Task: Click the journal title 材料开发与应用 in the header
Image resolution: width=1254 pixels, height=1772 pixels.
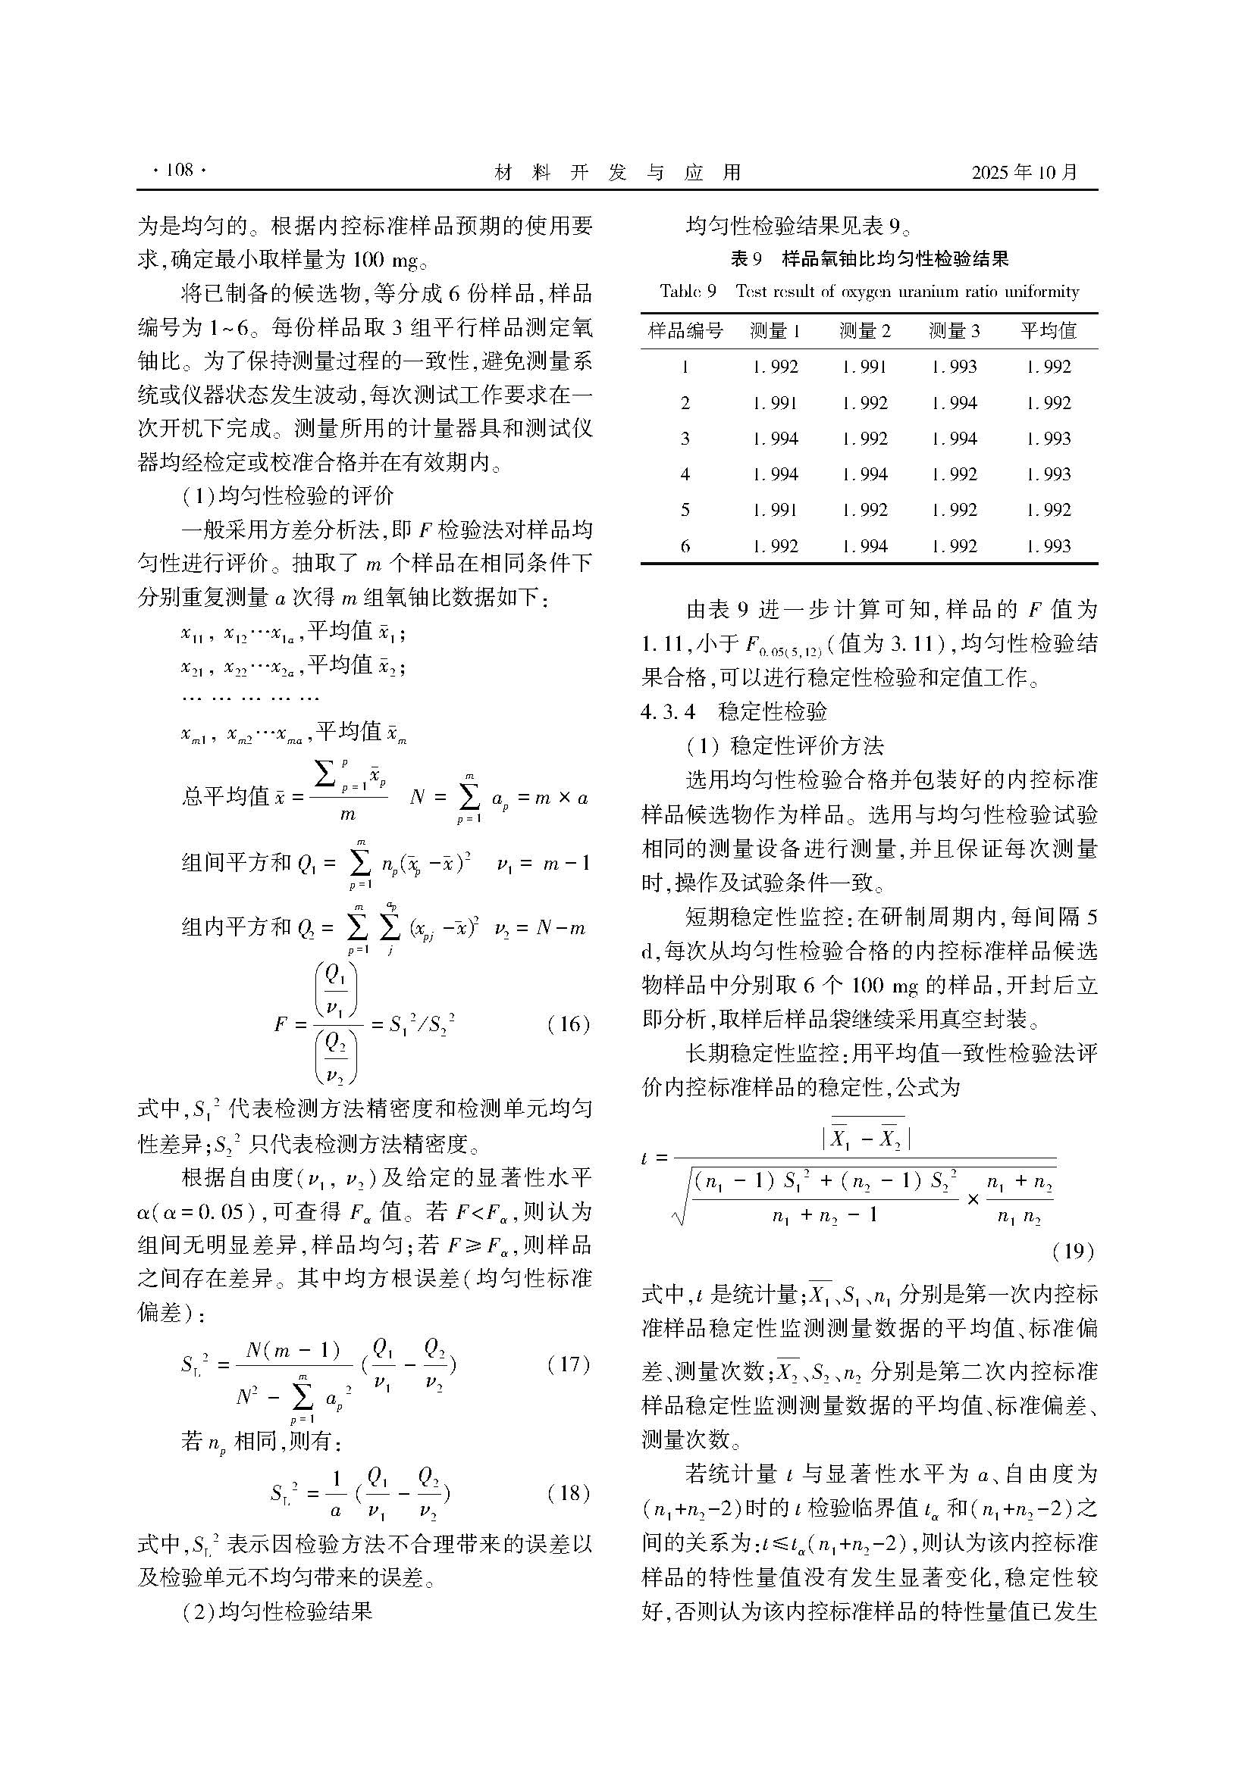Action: tap(617, 172)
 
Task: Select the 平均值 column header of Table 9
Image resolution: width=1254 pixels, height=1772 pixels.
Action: tap(1048, 331)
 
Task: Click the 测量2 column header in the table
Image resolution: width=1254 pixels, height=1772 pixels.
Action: tap(865, 331)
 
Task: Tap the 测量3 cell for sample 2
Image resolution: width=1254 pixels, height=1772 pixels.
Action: tap(955, 403)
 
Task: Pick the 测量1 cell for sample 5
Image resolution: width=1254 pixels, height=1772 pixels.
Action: tap(775, 510)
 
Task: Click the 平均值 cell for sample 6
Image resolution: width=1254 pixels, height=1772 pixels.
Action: tap(1048, 546)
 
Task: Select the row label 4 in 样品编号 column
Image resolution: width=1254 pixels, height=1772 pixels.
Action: tap(685, 475)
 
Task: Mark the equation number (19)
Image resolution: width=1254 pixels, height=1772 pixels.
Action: tap(1074, 1250)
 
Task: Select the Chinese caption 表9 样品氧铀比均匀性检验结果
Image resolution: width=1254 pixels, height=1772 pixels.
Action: tap(870, 259)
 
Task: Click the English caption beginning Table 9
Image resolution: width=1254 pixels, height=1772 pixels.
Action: tap(870, 292)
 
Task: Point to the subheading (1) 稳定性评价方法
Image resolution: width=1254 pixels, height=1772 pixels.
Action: tap(785, 745)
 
